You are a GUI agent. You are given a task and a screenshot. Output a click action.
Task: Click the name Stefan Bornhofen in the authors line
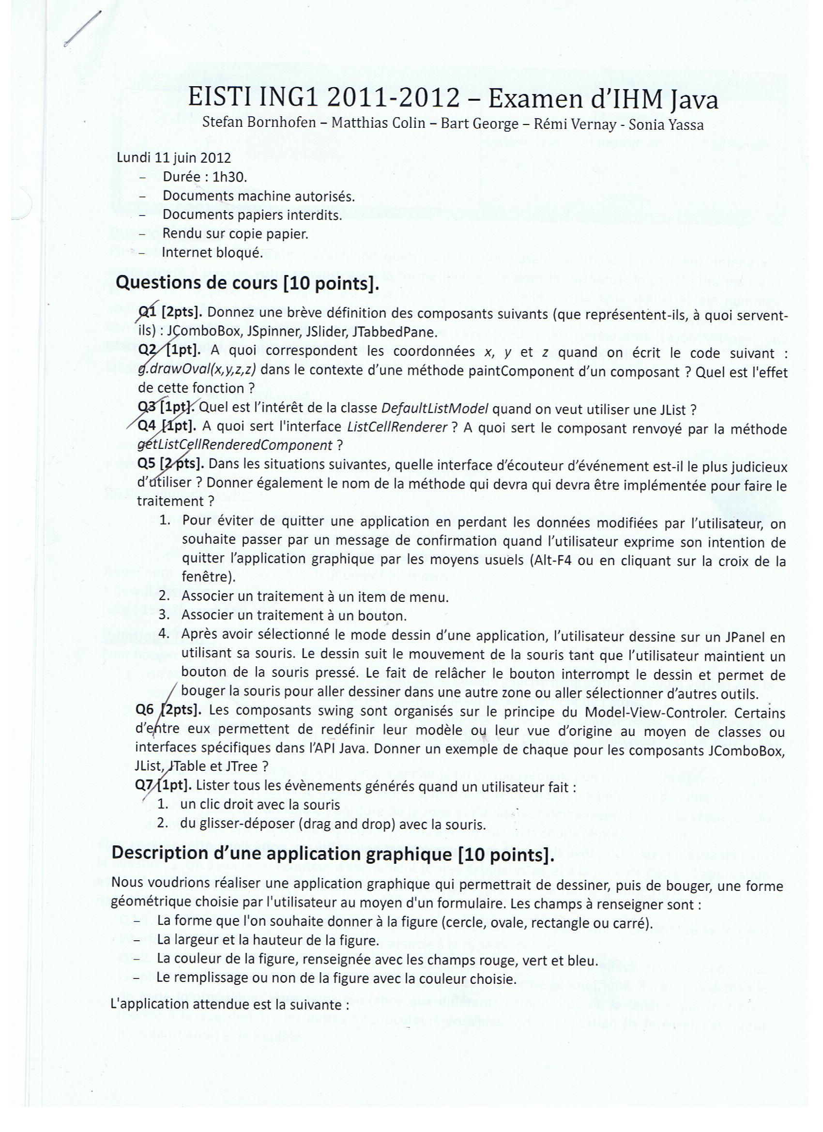(259, 123)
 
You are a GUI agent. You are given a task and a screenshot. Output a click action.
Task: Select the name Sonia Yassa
(666, 124)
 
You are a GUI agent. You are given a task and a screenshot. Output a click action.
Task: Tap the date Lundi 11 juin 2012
(174, 158)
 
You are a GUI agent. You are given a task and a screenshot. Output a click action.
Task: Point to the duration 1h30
(229, 177)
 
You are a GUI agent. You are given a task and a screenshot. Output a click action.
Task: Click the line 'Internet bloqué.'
(212, 253)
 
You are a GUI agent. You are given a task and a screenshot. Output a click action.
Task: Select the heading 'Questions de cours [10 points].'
(247, 283)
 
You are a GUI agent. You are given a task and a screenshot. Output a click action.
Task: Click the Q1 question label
(148, 312)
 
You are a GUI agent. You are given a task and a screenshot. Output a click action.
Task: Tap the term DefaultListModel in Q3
(434, 409)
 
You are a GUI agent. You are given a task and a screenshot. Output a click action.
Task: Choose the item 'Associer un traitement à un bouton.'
(293, 615)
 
